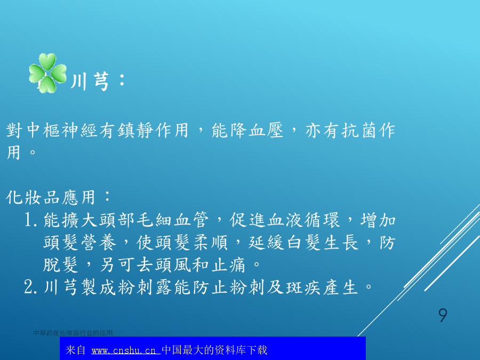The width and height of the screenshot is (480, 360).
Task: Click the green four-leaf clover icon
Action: (48, 73)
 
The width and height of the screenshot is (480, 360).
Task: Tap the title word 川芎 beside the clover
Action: (90, 82)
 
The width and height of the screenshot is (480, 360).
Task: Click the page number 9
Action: (443, 315)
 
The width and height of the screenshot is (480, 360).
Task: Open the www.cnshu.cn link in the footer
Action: (126, 350)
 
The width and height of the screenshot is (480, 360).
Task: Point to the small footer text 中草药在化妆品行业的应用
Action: (73, 333)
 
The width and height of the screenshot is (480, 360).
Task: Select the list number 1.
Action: (30, 220)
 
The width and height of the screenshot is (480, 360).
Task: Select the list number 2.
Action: (30, 287)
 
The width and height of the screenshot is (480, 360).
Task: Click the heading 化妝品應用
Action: (50, 197)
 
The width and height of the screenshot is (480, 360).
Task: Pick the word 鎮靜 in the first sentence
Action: (135, 131)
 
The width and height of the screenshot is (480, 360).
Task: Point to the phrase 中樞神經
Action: (62, 131)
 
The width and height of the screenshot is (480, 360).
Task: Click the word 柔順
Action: (211, 243)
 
